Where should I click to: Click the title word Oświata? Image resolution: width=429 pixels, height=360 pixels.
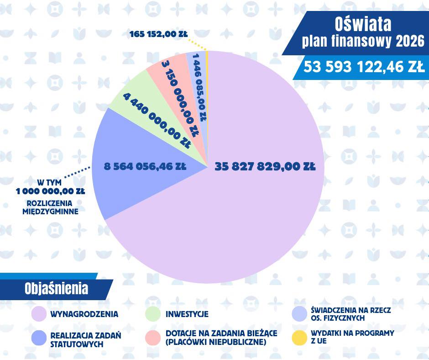point(363,24)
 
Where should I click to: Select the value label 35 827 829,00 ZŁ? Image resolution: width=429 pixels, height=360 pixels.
point(265,167)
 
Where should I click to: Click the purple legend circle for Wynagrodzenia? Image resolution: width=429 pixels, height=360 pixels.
point(39,314)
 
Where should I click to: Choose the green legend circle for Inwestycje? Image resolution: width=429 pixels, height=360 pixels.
point(153,314)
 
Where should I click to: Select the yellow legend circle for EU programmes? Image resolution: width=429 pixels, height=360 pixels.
point(299,337)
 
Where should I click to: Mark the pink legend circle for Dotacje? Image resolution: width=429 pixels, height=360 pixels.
point(153,338)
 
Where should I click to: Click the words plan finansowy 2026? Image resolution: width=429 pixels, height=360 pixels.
point(363,42)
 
